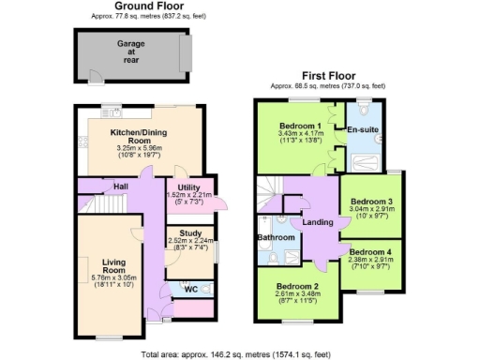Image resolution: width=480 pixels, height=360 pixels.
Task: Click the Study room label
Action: pyautogui.click(x=183, y=232)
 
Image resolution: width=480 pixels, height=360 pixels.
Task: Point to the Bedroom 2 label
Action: pyautogui.click(x=298, y=286)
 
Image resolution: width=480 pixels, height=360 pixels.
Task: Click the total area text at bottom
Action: pyautogui.click(x=239, y=354)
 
